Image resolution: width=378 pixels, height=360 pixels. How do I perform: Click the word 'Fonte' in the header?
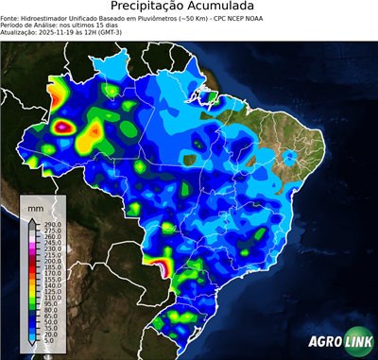(x=10, y=18)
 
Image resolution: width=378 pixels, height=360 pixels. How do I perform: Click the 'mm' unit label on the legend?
(x=35, y=206)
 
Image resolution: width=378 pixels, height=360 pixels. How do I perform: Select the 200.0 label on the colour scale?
(x=49, y=261)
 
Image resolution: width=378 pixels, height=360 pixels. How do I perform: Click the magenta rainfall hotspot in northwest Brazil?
(x=63, y=125)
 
